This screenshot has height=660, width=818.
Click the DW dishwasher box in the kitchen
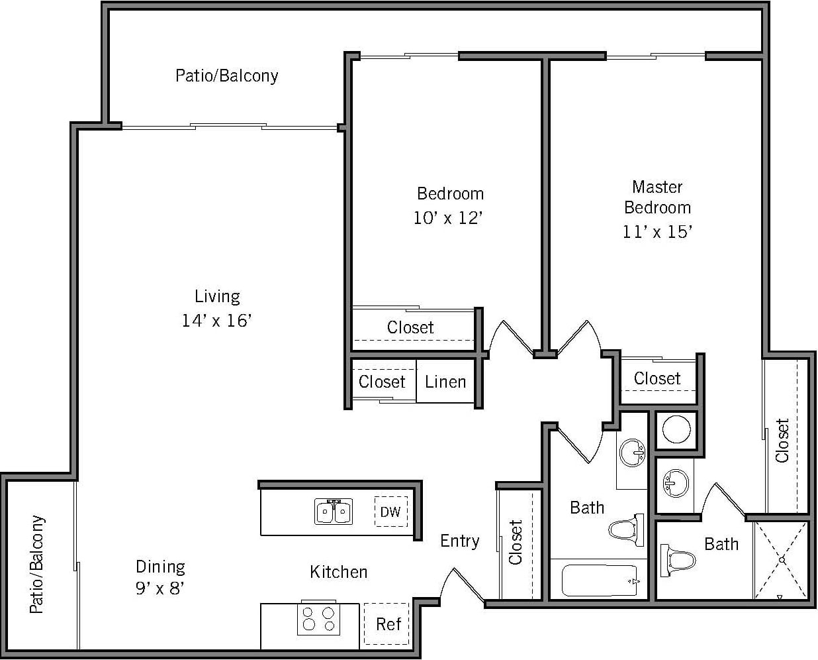pyautogui.click(x=390, y=512)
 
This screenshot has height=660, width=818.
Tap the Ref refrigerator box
pyautogui.click(x=388, y=624)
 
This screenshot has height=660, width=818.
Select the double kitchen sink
pyautogui.click(x=334, y=512)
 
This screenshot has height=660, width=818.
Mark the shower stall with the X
pyautogui.click(x=782, y=560)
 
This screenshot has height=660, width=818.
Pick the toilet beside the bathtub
pyautogui.click(x=625, y=529)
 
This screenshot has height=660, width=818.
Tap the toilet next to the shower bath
pyautogui.click(x=678, y=560)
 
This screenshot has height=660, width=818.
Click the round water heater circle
pyautogui.click(x=676, y=430)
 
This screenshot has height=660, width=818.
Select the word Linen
pyautogui.click(x=445, y=382)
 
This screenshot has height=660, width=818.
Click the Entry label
pyautogui.click(x=459, y=541)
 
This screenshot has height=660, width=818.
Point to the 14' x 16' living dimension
pyautogui.click(x=217, y=321)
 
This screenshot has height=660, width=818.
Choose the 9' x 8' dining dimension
pyautogui.click(x=160, y=588)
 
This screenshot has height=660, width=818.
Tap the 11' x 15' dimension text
pyautogui.click(x=657, y=232)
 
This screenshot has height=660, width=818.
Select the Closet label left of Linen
pyautogui.click(x=382, y=382)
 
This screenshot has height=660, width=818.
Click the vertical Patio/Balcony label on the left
pyautogui.click(x=38, y=564)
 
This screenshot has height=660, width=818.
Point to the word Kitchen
pyautogui.click(x=338, y=571)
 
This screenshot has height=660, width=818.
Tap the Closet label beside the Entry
pyautogui.click(x=516, y=542)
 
